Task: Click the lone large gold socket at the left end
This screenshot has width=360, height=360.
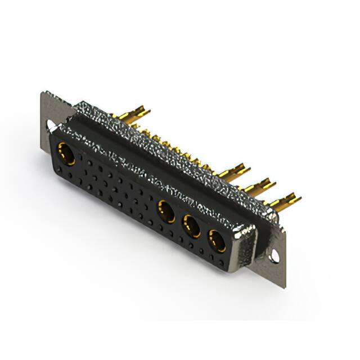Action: point(66,153)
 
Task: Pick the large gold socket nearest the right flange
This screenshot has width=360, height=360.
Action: point(217,241)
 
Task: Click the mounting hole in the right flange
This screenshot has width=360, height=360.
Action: point(274,256)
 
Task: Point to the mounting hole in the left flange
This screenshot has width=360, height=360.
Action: point(51,125)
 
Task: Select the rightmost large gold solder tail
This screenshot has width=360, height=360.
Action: point(285,200)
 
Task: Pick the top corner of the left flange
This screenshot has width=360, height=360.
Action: point(43,93)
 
